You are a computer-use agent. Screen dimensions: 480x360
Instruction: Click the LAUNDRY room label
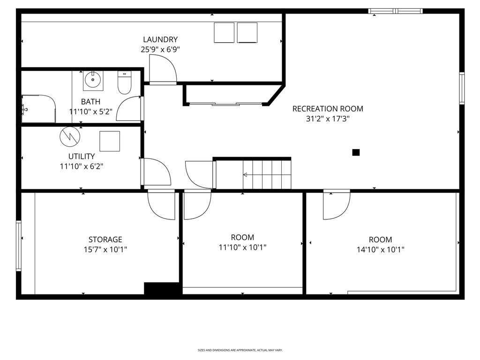(160, 39)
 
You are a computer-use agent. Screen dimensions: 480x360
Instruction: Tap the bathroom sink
(93, 81)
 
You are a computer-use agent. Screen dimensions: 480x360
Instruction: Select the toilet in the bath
(124, 82)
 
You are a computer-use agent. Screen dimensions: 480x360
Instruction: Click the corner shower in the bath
(38, 109)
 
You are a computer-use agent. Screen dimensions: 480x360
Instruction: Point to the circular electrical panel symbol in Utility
(70, 136)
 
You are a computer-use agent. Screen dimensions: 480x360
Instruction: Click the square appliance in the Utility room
(110, 141)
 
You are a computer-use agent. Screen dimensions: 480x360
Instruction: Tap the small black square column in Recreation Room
(356, 152)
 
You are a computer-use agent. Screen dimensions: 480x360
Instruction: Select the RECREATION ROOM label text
(328, 109)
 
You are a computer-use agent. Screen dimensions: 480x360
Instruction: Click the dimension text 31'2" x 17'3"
(328, 119)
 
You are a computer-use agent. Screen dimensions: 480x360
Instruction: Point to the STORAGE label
(105, 240)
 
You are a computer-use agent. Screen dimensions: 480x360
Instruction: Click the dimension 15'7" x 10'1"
(105, 249)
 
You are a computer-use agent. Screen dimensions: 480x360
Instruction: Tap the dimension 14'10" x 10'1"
(380, 249)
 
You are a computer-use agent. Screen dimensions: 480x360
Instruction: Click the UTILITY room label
(82, 157)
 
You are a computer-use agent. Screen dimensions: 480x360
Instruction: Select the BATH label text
(90, 102)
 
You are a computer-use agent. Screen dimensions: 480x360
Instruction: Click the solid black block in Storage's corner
(161, 288)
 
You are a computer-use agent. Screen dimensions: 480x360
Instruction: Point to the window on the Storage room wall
(19, 246)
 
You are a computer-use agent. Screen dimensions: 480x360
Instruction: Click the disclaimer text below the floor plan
(240, 350)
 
